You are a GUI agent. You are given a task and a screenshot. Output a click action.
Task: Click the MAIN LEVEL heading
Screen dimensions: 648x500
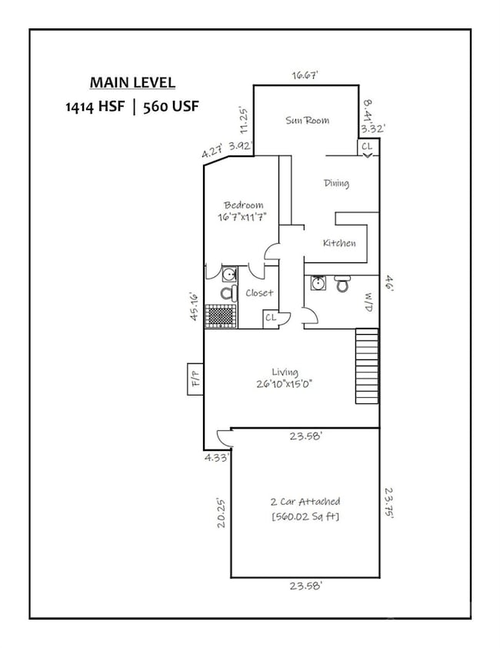(132, 82)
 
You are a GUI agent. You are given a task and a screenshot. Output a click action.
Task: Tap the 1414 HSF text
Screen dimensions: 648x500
(95, 107)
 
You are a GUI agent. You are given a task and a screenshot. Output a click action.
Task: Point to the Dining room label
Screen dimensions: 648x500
(336, 183)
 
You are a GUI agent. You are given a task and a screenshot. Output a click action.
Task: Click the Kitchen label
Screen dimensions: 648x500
(339, 243)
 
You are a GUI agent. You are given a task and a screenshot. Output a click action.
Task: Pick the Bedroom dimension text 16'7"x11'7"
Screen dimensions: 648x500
(243, 217)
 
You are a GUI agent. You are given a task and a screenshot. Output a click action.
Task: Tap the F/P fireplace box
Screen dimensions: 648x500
(195, 378)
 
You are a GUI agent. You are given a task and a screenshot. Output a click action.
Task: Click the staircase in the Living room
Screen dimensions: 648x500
(367, 366)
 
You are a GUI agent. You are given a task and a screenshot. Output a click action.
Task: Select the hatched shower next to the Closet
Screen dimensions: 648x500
(222, 316)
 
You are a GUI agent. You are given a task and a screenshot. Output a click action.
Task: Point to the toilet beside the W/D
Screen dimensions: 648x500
(343, 285)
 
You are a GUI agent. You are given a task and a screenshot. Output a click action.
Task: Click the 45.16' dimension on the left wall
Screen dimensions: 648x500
(195, 306)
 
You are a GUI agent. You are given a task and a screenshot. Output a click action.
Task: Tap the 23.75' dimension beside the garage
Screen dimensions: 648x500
(390, 503)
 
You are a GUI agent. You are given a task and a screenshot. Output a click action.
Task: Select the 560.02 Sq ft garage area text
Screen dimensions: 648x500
(305, 516)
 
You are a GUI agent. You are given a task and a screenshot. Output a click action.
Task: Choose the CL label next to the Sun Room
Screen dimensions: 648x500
(367, 145)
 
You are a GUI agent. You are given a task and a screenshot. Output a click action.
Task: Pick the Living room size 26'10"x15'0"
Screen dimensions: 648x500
(285, 384)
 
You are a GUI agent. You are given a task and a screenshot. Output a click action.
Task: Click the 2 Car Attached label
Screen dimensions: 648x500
(305, 502)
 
